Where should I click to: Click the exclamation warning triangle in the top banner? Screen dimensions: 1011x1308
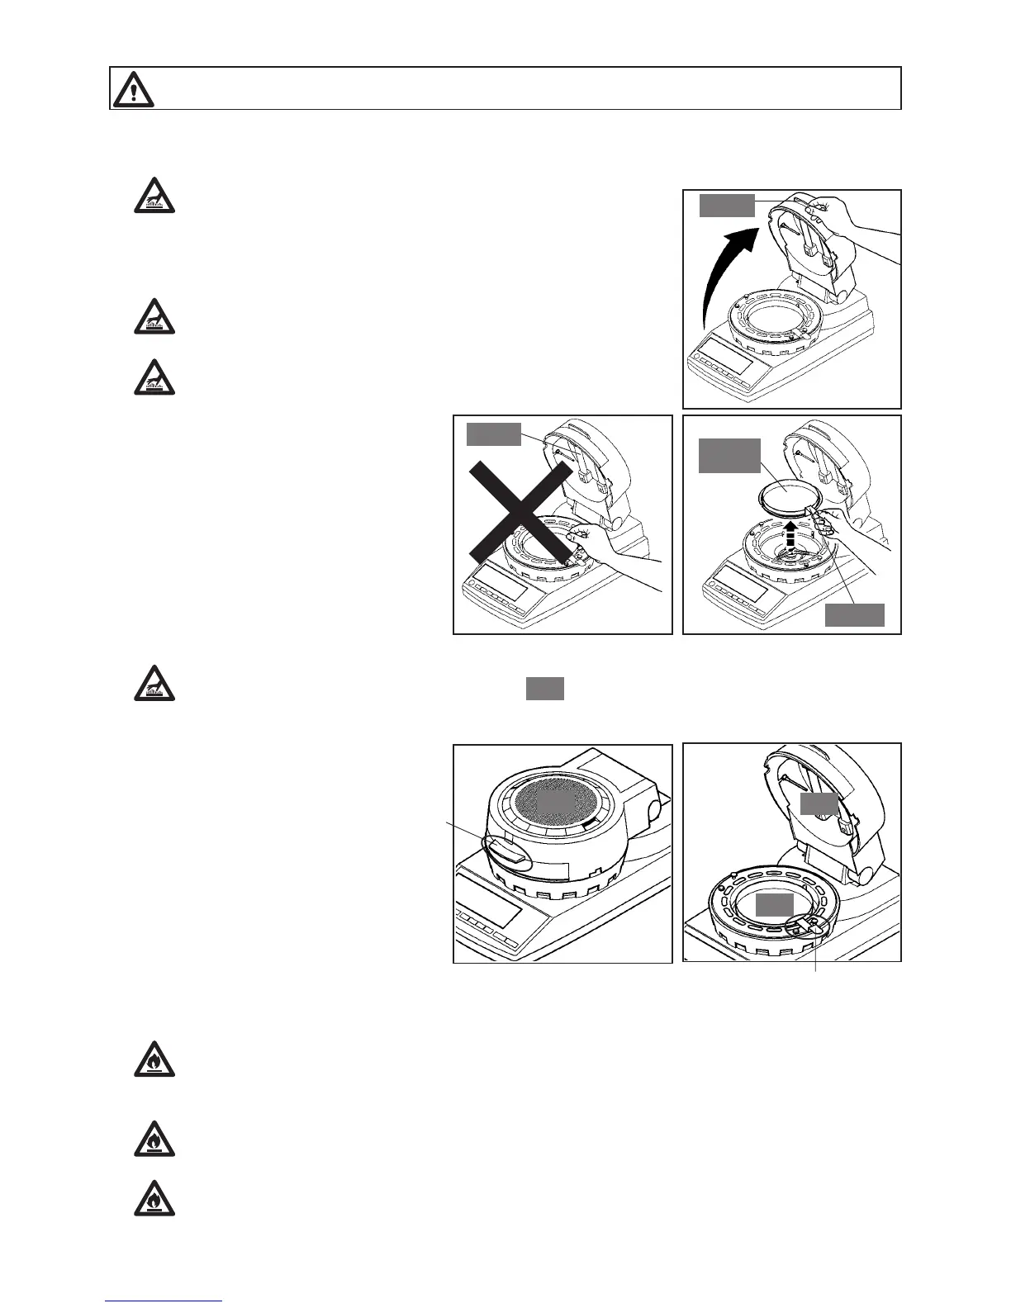[133, 88]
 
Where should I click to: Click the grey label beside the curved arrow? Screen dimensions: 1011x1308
[727, 205]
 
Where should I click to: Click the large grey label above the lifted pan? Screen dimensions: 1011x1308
[729, 456]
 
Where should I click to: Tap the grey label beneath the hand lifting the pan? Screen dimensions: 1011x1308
[855, 615]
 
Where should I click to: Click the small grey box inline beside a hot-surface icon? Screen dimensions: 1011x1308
[545, 688]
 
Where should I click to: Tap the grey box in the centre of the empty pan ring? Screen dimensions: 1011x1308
[775, 904]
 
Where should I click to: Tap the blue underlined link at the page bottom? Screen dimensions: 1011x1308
[164, 1301]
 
